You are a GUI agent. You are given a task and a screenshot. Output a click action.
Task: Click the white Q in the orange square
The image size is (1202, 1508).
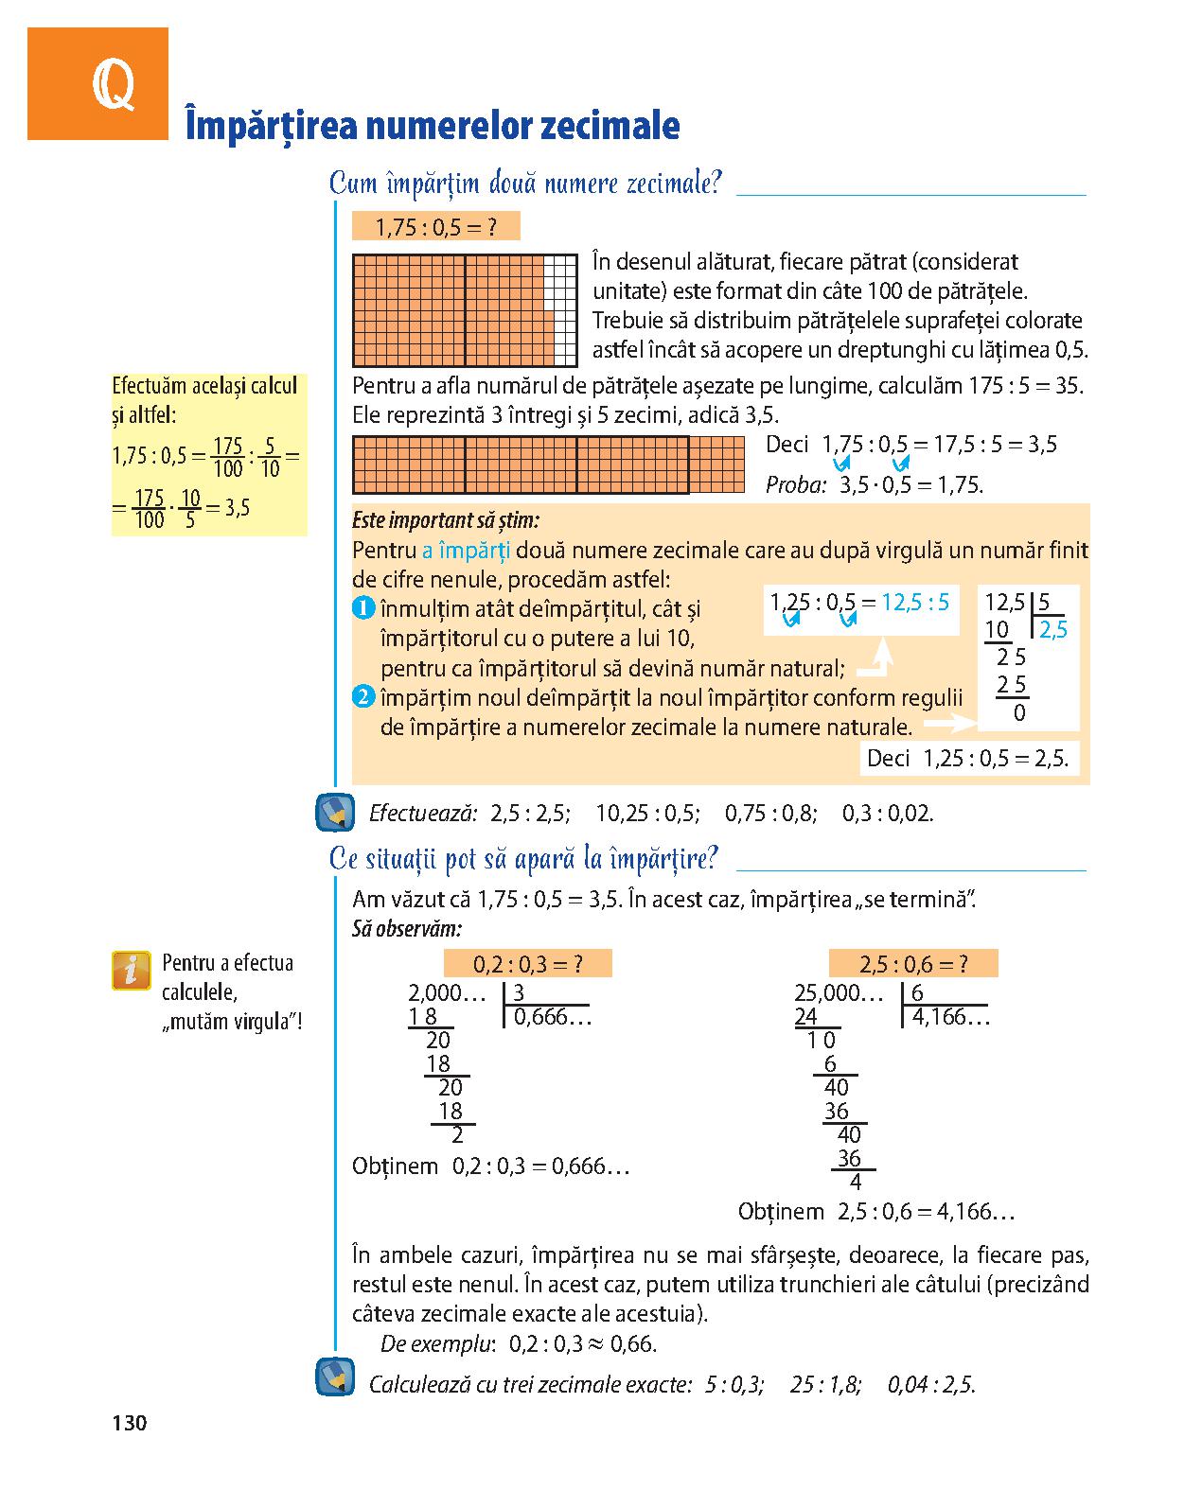point(112,89)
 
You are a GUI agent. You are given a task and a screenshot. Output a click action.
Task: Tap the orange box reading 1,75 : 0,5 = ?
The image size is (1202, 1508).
point(435,227)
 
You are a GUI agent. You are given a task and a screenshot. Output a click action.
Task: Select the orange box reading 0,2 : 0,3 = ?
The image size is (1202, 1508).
point(527,964)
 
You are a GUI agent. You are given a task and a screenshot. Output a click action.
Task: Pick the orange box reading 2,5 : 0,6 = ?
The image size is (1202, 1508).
point(913,964)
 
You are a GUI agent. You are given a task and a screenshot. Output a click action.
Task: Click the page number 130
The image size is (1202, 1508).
point(130,1422)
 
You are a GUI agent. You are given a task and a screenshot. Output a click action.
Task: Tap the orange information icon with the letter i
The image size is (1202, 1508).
point(132,971)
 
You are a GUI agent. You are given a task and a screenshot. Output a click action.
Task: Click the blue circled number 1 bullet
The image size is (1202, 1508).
point(363,608)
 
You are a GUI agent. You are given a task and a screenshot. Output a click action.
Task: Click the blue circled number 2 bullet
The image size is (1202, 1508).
point(363,698)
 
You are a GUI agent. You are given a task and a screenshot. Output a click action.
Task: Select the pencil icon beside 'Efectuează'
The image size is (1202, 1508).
point(333,812)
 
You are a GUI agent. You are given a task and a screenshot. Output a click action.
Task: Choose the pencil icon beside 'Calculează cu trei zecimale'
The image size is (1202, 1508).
point(333,1377)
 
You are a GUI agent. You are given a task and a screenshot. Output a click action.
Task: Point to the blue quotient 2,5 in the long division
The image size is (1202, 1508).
point(1052,630)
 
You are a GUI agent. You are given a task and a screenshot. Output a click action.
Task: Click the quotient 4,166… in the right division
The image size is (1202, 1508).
point(950,1018)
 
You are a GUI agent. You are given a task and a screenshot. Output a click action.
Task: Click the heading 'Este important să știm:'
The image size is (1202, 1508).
point(445,520)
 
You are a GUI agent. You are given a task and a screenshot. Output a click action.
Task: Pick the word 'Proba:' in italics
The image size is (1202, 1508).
point(796,485)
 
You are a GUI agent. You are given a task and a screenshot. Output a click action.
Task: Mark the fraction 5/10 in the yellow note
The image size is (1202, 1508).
point(271,457)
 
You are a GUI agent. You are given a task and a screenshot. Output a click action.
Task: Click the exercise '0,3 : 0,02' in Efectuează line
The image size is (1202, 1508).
point(888,814)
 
